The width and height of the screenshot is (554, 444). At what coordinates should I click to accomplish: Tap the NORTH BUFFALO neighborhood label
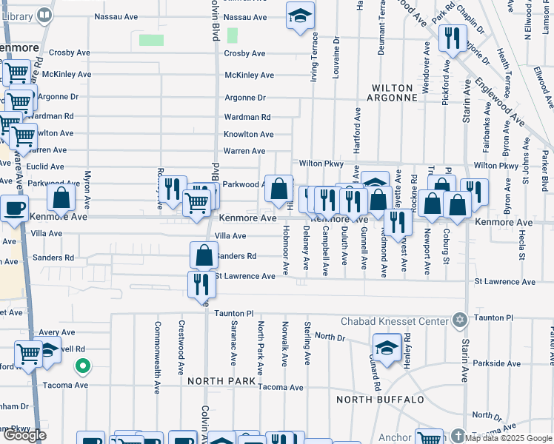[x=380, y=400]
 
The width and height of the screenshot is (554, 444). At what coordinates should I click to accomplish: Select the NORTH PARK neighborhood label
[x=221, y=380]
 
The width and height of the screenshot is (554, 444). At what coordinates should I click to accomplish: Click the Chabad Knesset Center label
[x=394, y=321]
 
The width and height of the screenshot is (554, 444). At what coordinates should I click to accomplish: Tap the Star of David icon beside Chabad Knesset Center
[x=459, y=320]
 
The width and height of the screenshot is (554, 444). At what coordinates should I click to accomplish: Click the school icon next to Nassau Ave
[x=300, y=16]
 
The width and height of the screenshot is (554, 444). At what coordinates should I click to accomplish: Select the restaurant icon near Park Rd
[x=452, y=37]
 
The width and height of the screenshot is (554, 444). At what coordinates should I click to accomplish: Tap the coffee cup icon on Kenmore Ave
[x=14, y=209]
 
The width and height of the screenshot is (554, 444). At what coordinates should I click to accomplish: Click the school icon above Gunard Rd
[x=387, y=347]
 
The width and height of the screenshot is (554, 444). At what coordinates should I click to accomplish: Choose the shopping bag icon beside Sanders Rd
[x=204, y=255]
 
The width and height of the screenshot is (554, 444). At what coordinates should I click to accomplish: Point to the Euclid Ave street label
[x=45, y=167]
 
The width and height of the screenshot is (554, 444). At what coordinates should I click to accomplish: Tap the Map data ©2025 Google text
[x=507, y=437]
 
